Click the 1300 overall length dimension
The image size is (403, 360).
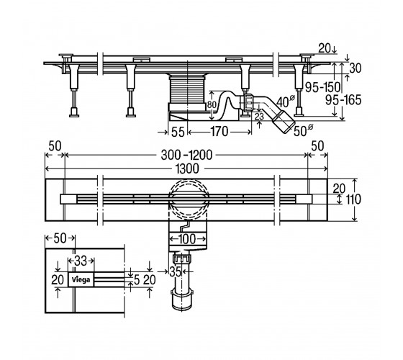tap(187, 168)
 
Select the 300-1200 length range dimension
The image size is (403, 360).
tap(186, 155)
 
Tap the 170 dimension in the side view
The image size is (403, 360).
tap(219, 132)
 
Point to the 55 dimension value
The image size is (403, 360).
tap(178, 132)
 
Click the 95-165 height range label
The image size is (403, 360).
tap(343, 100)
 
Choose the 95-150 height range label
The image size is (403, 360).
tap(322, 87)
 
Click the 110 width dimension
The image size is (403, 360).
tap(353, 199)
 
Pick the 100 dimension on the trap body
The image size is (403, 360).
tap(187, 239)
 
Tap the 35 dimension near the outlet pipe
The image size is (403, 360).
tap(176, 271)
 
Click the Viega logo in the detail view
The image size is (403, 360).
tap(81, 279)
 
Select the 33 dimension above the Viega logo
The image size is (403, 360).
tap(81, 261)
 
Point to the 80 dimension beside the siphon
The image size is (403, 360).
tap(212, 104)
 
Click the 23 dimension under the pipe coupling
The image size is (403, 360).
tap(259, 117)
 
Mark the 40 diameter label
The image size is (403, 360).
tap(285, 102)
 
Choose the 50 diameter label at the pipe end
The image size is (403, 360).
tap(303, 130)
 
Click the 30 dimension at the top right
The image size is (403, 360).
tap(356, 68)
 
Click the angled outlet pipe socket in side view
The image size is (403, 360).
tap(284, 122)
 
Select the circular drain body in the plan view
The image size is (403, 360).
tap(189, 199)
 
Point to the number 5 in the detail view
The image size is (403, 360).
tap(137, 280)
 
